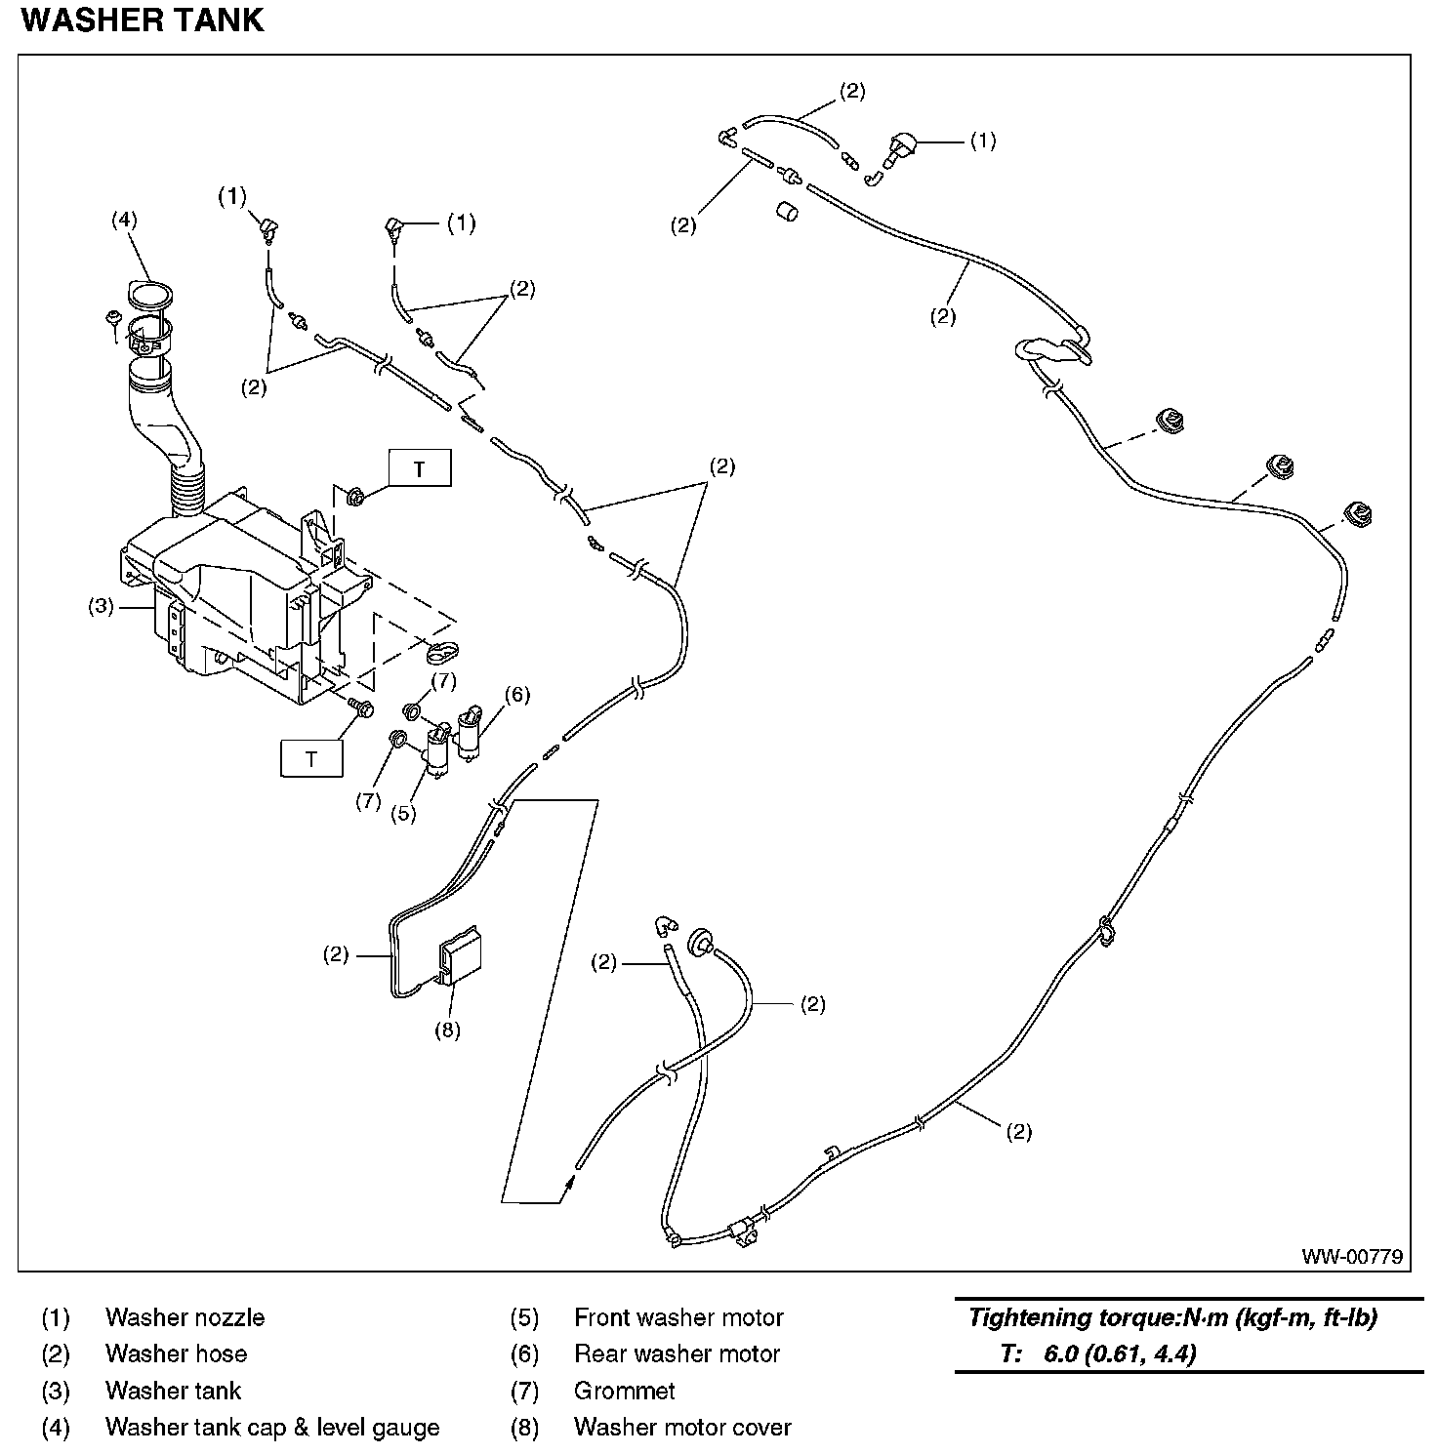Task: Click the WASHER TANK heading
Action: pyautogui.click(x=143, y=21)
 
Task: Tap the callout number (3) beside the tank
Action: pyautogui.click(x=101, y=606)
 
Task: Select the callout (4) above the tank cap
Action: pyautogui.click(x=123, y=220)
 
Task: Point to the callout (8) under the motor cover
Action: pyautogui.click(x=447, y=1030)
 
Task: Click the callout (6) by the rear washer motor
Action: pyautogui.click(x=516, y=694)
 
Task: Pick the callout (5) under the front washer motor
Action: pyautogui.click(x=403, y=813)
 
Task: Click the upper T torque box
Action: pyautogui.click(x=420, y=468)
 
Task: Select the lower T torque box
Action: pyautogui.click(x=311, y=758)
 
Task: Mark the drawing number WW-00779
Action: pyautogui.click(x=1351, y=1256)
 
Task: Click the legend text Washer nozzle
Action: pyautogui.click(x=185, y=1317)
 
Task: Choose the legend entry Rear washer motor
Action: pyautogui.click(x=677, y=1353)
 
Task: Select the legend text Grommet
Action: pyautogui.click(x=625, y=1390)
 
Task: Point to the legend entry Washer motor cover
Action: pyautogui.click(x=682, y=1427)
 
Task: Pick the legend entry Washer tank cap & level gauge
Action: pyautogui.click(x=272, y=1427)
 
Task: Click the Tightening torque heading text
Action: pyautogui.click(x=1172, y=1318)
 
